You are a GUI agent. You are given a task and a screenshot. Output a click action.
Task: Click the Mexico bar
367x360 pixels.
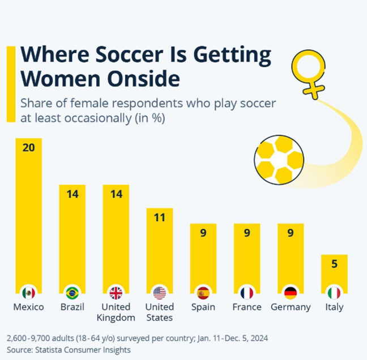[x=28, y=215]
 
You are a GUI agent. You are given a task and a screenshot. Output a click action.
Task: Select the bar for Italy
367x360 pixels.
[x=334, y=272]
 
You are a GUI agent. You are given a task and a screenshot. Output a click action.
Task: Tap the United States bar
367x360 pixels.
[x=160, y=249]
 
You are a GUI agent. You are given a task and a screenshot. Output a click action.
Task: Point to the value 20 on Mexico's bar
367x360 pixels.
[x=28, y=147]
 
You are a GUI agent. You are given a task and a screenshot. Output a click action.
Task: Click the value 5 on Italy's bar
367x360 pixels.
[x=334, y=263]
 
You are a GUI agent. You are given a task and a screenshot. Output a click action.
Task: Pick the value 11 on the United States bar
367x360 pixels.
[x=160, y=217]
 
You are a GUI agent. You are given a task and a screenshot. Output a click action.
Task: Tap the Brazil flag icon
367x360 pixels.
[x=72, y=293]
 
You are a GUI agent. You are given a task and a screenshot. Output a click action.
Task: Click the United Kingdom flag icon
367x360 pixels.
[x=116, y=293]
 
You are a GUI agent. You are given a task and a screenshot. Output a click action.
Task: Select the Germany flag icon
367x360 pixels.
[x=291, y=293]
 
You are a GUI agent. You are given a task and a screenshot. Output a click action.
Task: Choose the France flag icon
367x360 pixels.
[x=247, y=293]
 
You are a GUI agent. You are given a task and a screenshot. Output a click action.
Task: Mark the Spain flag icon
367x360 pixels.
[x=203, y=293]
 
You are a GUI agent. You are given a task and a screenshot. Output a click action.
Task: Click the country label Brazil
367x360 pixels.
[x=72, y=307]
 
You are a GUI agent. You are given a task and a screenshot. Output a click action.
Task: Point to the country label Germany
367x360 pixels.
[x=291, y=307]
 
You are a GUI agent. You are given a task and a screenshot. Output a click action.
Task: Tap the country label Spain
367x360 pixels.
[x=203, y=307]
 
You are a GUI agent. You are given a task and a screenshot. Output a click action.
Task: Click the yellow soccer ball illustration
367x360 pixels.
[x=279, y=160]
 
